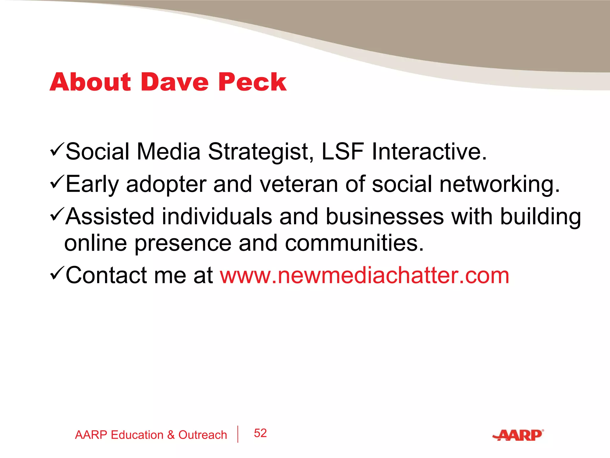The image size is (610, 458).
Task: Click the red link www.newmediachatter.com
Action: pos(364,276)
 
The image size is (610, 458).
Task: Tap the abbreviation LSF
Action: pos(343,151)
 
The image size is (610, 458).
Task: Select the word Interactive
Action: pos(429,151)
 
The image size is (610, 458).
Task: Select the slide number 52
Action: pos(260,433)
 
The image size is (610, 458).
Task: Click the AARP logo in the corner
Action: pos(518,435)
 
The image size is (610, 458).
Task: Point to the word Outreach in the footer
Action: pos(203,435)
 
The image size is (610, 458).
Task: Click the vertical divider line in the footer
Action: pos(238,434)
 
